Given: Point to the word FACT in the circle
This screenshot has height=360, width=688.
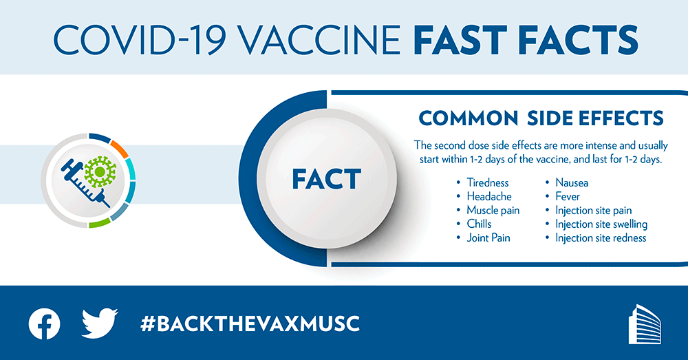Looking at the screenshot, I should [x=326, y=180].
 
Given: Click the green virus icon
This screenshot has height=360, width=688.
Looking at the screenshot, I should [x=100, y=171].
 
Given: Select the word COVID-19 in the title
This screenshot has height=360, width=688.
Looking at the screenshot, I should [x=127, y=39].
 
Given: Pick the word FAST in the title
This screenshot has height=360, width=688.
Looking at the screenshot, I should [x=460, y=39].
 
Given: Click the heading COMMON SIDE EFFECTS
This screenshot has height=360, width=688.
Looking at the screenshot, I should [x=541, y=118].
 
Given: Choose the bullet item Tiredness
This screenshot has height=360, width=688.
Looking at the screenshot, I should [x=487, y=183].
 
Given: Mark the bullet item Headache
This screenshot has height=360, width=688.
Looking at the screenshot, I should [x=488, y=197].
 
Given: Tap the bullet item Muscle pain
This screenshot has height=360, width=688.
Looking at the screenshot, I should [x=493, y=211].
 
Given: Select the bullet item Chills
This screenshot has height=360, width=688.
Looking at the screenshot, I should [x=479, y=224].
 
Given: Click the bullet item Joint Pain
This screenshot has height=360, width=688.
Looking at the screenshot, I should [x=488, y=238].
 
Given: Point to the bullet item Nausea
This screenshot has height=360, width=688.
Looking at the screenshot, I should [x=571, y=183].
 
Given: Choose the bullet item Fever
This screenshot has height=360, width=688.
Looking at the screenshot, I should [x=567, y=197].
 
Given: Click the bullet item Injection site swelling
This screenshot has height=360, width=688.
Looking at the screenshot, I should [x=601, y=224].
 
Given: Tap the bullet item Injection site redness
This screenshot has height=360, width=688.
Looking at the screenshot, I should [x=600, y=238].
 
